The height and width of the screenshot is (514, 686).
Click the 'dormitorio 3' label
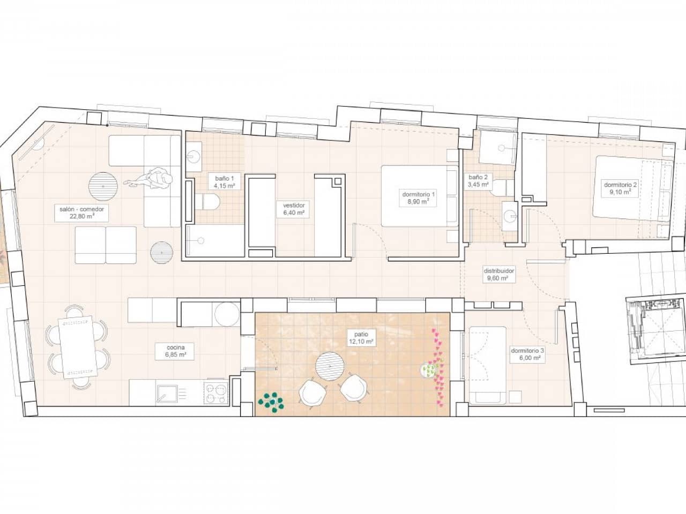[x=527, y=354]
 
